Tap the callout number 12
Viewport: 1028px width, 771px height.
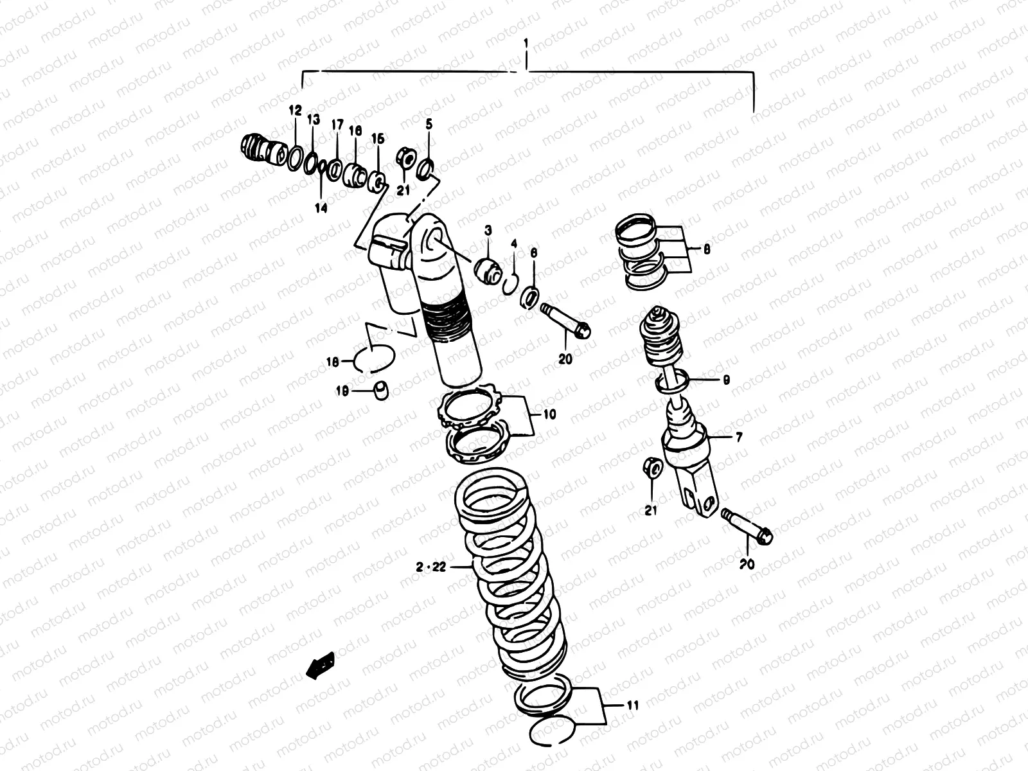(x=295, y=111)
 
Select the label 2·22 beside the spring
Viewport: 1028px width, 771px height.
(x=430, y=567)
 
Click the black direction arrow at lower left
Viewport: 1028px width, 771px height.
(x=321, y=665)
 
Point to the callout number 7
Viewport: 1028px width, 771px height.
(x=738, y=438)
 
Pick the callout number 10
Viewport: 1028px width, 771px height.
(x=549, y=414)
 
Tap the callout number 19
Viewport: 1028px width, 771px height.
(x=342, y=391)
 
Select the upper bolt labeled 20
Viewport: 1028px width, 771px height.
(x=565, y=320)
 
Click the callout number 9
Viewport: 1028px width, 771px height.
(x=726, y=380)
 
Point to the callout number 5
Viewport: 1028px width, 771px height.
(x=429, y=123)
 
